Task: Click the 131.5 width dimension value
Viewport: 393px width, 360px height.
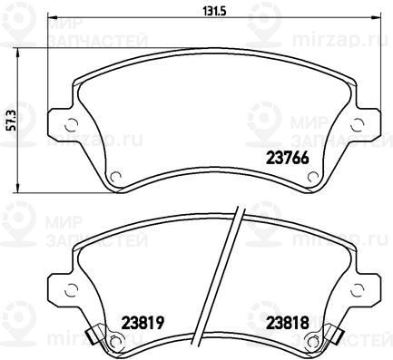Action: tap(214, 11)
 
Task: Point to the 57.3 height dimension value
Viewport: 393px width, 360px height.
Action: tap(11, 120)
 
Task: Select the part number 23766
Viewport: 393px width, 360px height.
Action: tap(287, 158)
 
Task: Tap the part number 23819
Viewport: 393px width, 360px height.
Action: tap(142, 323)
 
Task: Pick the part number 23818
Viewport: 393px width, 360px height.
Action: tap(287, 323)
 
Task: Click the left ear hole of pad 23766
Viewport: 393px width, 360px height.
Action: tap(72, 125)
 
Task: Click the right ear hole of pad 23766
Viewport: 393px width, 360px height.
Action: tap(358, 125)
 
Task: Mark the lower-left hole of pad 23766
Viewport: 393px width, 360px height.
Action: tap(115, 177)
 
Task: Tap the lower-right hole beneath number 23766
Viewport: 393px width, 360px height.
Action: tap(313, 177)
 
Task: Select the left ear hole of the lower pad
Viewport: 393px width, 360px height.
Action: tap(72, 290)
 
